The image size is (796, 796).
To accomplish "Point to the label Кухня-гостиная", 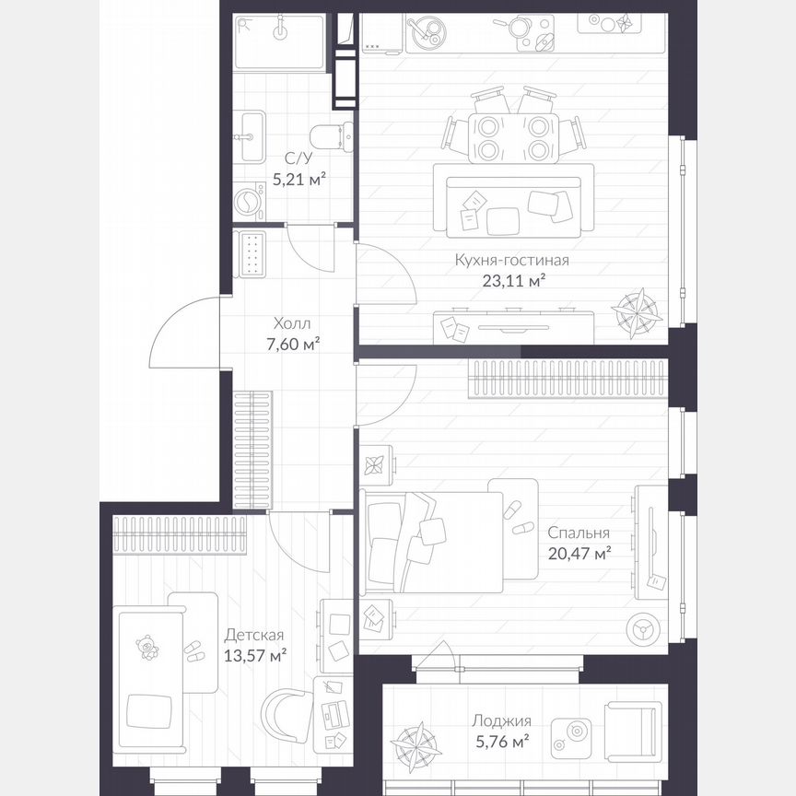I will coord(511,260).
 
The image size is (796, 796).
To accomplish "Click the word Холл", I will coord(292,324).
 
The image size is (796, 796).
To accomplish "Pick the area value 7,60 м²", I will coord(292,345).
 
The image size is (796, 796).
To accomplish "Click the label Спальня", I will coord(578,533).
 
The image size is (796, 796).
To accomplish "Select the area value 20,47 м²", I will coord(579,553).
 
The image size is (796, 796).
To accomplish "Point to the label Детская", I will coord(254,635).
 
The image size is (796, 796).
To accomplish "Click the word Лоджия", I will coord(500,721).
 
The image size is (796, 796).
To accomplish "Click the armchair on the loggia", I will coord(632,732).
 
